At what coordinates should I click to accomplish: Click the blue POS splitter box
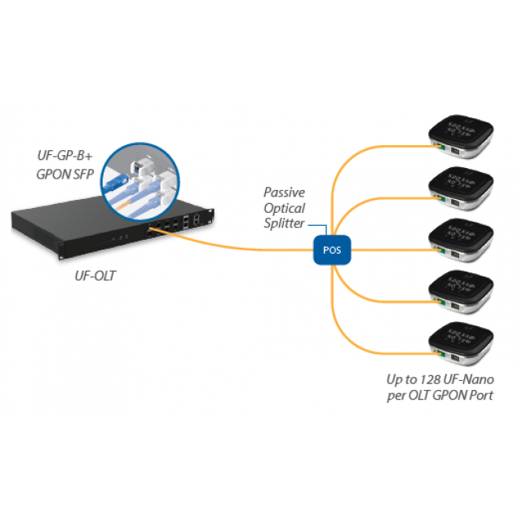click(x=332, y=250)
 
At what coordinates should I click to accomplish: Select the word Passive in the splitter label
click(x=284, y=193)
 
